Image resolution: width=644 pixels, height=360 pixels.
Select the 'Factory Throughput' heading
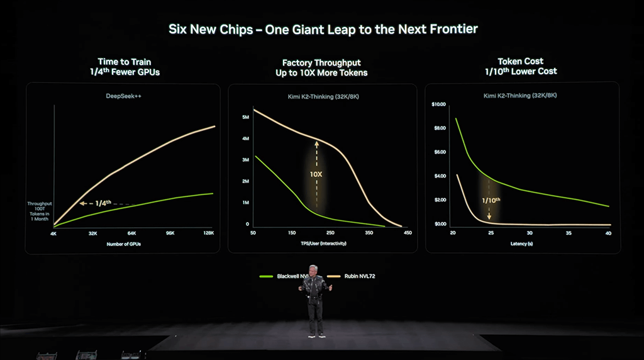click(321, 62)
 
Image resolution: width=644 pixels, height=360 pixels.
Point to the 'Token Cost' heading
click(521, 62)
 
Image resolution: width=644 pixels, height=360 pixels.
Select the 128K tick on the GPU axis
click(208, 233)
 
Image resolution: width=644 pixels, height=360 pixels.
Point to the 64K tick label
click(131, 233)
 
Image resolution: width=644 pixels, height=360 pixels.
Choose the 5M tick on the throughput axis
click(246, 117)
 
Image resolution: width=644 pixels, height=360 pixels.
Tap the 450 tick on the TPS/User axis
click(408, 233)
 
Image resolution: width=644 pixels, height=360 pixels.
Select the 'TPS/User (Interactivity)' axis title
click(325, 243)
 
